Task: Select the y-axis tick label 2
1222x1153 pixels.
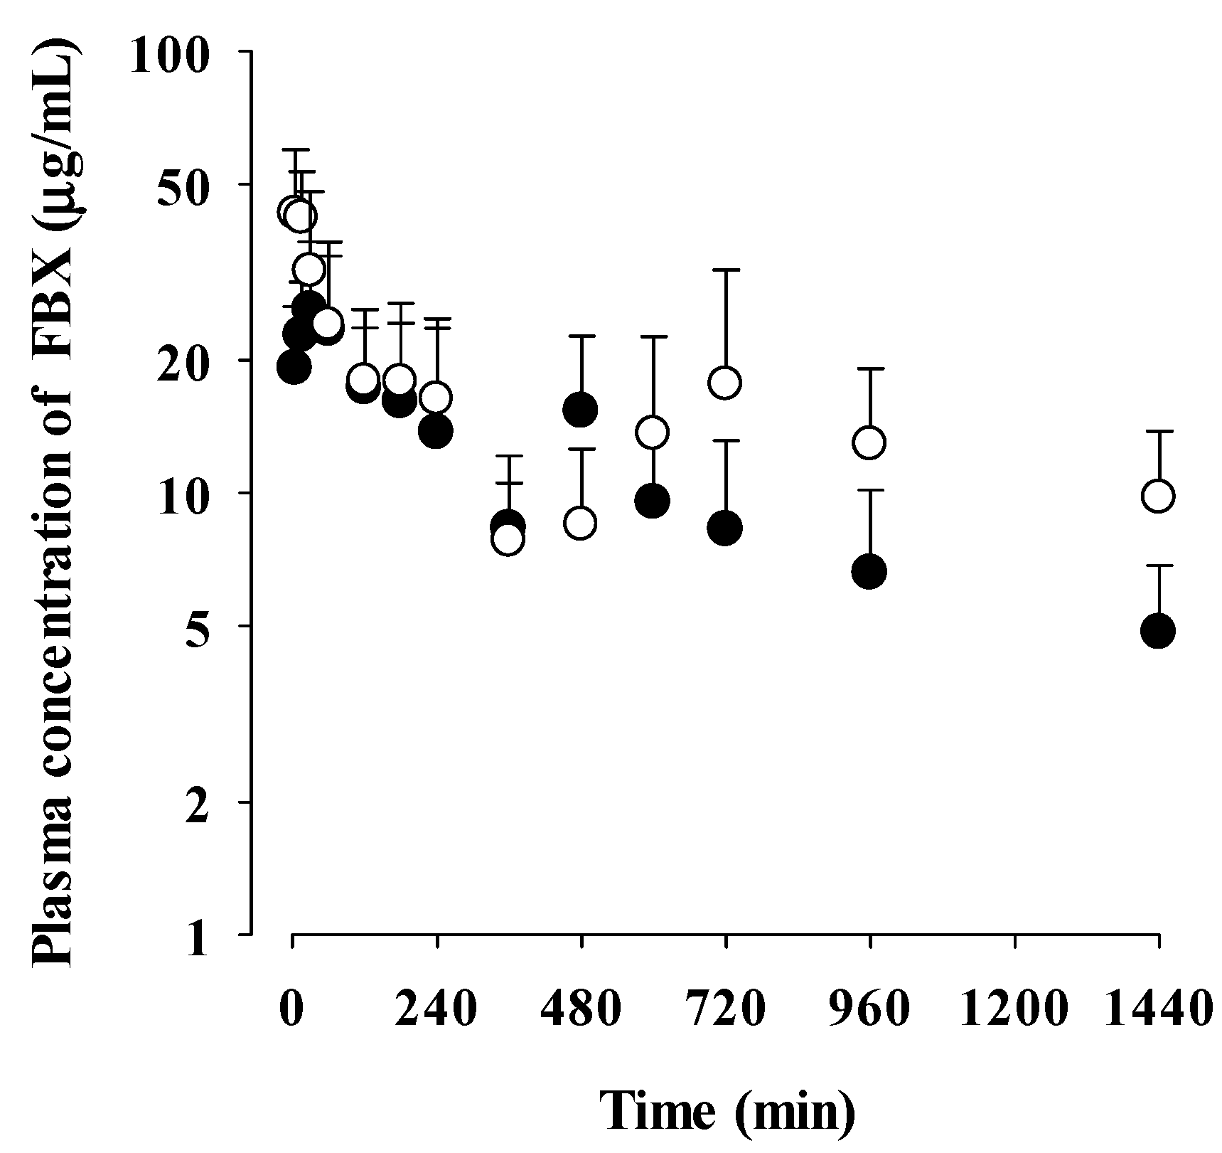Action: (x=198, y=803)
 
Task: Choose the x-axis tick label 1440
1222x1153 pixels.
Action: (x=1158, y=1010)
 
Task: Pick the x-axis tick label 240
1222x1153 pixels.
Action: (x=436, y=1010)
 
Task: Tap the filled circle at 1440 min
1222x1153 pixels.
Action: (x=1157, y=631)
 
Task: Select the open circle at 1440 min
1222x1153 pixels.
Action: (x=1157, y=496)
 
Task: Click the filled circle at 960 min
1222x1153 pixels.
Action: (x=869, y=571)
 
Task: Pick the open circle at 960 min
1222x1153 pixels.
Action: (x=869, y=442)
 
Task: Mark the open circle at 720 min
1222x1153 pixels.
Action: (x=724, y=383)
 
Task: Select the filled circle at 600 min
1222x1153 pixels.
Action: (x=652, y=501)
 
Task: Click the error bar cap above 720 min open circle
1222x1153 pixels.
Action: (x=726, y=270)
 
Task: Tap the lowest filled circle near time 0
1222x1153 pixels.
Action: (x=294, y=367)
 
